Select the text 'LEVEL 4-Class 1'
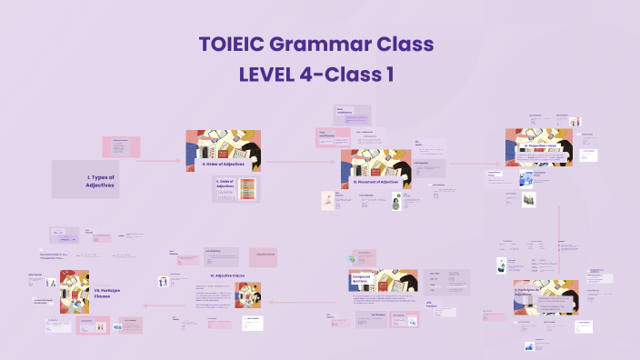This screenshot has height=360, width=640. (x=316, y=75)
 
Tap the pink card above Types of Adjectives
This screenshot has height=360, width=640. (x=120, y=145)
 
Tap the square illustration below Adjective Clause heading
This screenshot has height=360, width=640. (x=248, y=295)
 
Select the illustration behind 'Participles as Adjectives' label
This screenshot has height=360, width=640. (x=545, y=295)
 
